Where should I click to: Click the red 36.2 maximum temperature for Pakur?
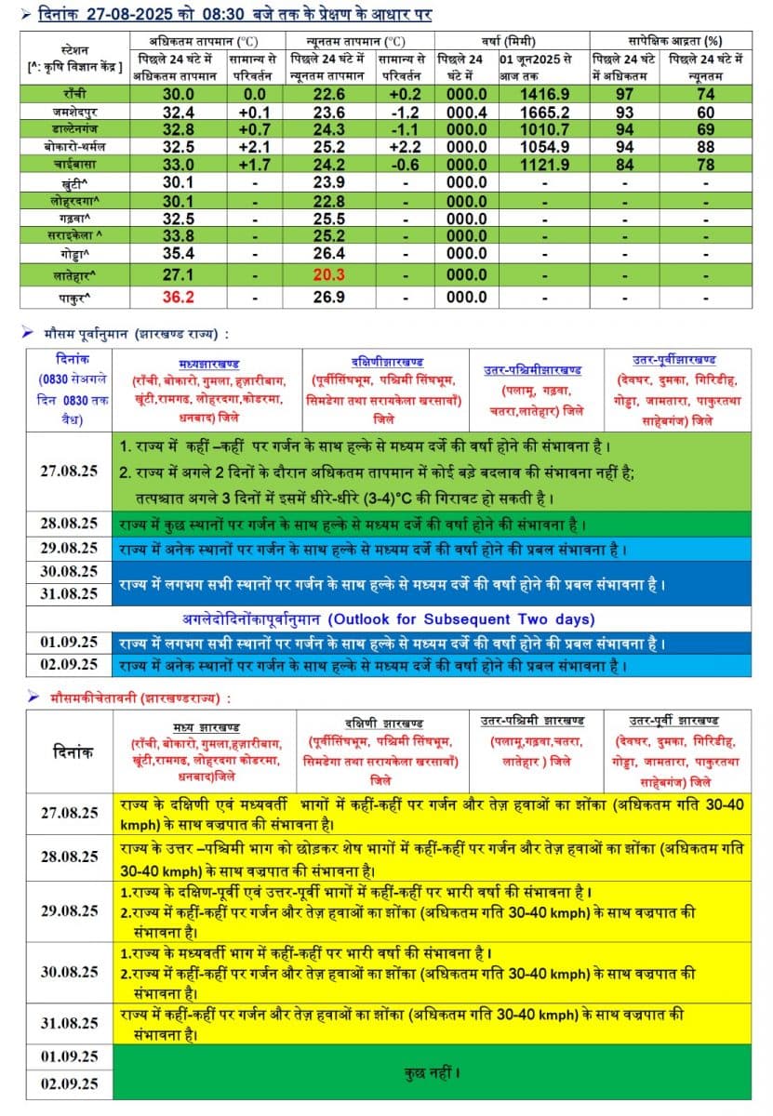179,298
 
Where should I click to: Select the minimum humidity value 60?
705,112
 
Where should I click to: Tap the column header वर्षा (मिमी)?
502,42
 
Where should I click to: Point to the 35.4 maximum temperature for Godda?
179,253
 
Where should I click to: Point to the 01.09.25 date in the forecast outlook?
69,642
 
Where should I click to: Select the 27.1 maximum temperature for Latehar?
179,274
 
